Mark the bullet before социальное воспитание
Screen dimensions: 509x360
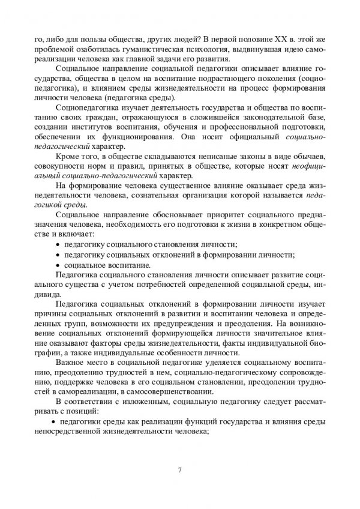58,262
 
